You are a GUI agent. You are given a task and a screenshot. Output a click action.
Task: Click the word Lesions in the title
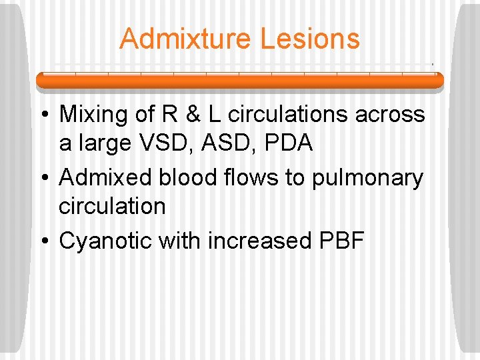click(310, 39)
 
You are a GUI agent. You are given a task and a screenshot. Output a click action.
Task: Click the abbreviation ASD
click(227, 143)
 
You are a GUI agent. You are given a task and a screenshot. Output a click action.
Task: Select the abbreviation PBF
click(337, 241)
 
